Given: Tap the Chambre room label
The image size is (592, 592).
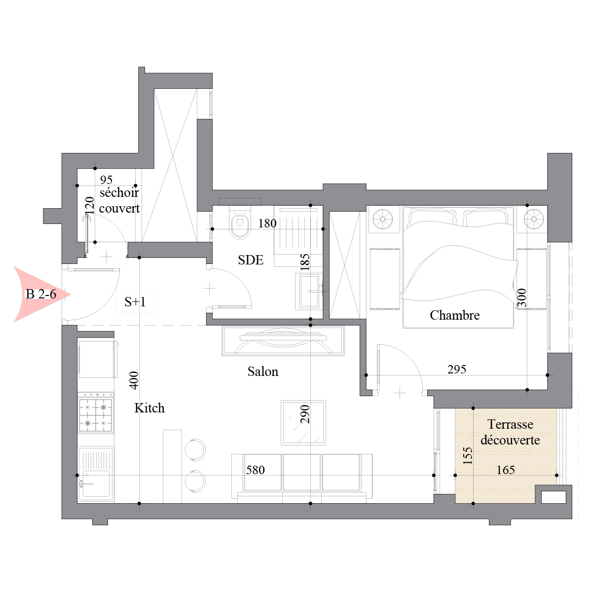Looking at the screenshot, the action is (455, 315).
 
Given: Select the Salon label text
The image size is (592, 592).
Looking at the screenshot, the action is (263, 371).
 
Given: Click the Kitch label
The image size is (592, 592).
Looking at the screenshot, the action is (149, 408).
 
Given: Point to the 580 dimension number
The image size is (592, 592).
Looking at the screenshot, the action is (255, 470).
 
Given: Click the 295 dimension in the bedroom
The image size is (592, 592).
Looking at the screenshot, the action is (456, 369).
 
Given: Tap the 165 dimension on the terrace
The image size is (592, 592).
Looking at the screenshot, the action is (506, 470).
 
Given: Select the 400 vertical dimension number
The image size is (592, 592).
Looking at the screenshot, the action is (134, 380).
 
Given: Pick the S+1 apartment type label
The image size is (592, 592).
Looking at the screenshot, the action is (135, 302).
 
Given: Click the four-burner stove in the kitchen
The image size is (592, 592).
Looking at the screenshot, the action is (96, 415).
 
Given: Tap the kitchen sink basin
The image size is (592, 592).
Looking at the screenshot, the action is (95, 484).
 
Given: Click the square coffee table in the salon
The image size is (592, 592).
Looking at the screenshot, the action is (303, 422).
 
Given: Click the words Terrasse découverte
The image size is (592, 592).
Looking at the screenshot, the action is (510, 432).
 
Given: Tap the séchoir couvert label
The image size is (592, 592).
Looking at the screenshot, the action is (119, 201).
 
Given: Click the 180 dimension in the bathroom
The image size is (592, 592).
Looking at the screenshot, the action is (267, 223).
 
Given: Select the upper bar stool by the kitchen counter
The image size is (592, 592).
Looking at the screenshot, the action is (195, 450).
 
